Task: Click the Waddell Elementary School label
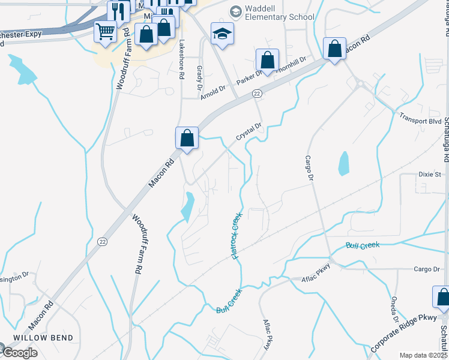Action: click(x=278, y=16)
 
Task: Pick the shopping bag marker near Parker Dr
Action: click(x=267, y=60)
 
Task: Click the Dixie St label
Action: click(x=430, y=174)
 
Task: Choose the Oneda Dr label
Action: click(x=394, y=312)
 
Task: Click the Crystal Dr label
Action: click(x=249, y=131)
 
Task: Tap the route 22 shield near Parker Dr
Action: click(x=256, y=94)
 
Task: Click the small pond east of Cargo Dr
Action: click(x=343, y=163)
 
